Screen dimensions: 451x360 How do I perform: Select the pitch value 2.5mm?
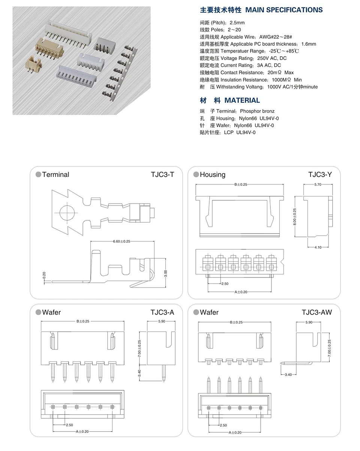pyautogui.click(x=237, y=23)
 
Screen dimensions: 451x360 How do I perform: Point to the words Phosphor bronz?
pyautogui.click(x=257, y=111)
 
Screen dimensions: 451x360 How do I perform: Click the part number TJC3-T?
pyautogui.click(x=162, y=174)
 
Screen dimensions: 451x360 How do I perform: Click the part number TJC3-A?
pyautogui.click(x=162, y=312)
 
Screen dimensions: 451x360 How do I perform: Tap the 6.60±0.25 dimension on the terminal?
pyautogui.click(x=121, y=241)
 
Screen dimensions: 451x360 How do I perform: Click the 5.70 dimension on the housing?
pyautogui.click(x=318, y=184)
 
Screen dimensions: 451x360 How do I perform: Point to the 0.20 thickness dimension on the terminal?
pyautogui.click(x=44, y=275)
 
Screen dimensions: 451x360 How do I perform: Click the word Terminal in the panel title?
pyautogui.click(x=55, y=174)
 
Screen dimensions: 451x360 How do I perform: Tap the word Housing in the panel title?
pyautogui.click(x=213, y=174)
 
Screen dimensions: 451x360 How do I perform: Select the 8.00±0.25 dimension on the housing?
pyautogui.click(x=295, y=217)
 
